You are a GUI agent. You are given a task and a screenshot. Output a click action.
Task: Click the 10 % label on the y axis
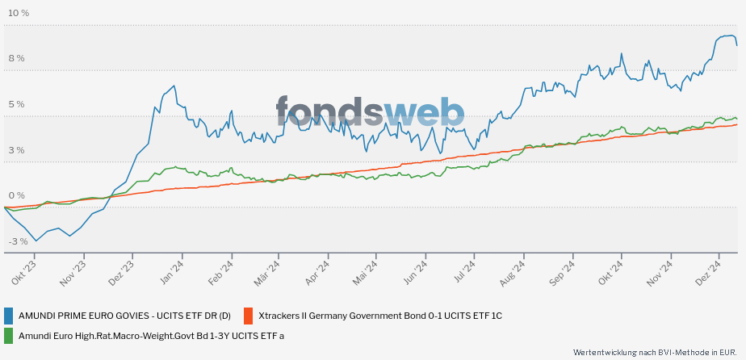pos(19,13)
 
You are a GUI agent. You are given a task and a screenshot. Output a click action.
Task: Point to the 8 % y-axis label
pos(16,58)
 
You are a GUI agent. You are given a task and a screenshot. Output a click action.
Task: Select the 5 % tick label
pos(16,104)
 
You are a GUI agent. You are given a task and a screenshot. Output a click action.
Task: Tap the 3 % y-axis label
pos(16,150)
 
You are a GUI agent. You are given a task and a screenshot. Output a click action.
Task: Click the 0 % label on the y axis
pos(16,195)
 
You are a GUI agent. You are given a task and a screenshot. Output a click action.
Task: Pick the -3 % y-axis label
pos(17,241)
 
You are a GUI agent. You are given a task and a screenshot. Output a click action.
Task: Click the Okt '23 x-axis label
pos(24,273)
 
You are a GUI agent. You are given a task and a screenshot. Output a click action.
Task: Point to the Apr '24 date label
pos(318,273)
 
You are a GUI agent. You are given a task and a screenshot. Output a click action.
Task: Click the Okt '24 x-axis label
pos(612,273)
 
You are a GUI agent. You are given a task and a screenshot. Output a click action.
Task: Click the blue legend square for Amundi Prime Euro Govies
pos(9,315)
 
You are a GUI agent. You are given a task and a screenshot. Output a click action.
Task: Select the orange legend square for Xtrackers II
pos(248,315)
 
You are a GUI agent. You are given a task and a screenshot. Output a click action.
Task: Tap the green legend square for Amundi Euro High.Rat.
pos(9,336)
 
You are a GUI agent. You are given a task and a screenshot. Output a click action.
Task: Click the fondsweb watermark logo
pos(370,112)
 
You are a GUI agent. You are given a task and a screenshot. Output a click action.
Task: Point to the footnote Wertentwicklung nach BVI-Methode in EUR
pos(656,352)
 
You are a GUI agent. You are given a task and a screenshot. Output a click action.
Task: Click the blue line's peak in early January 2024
pos(174,86)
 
